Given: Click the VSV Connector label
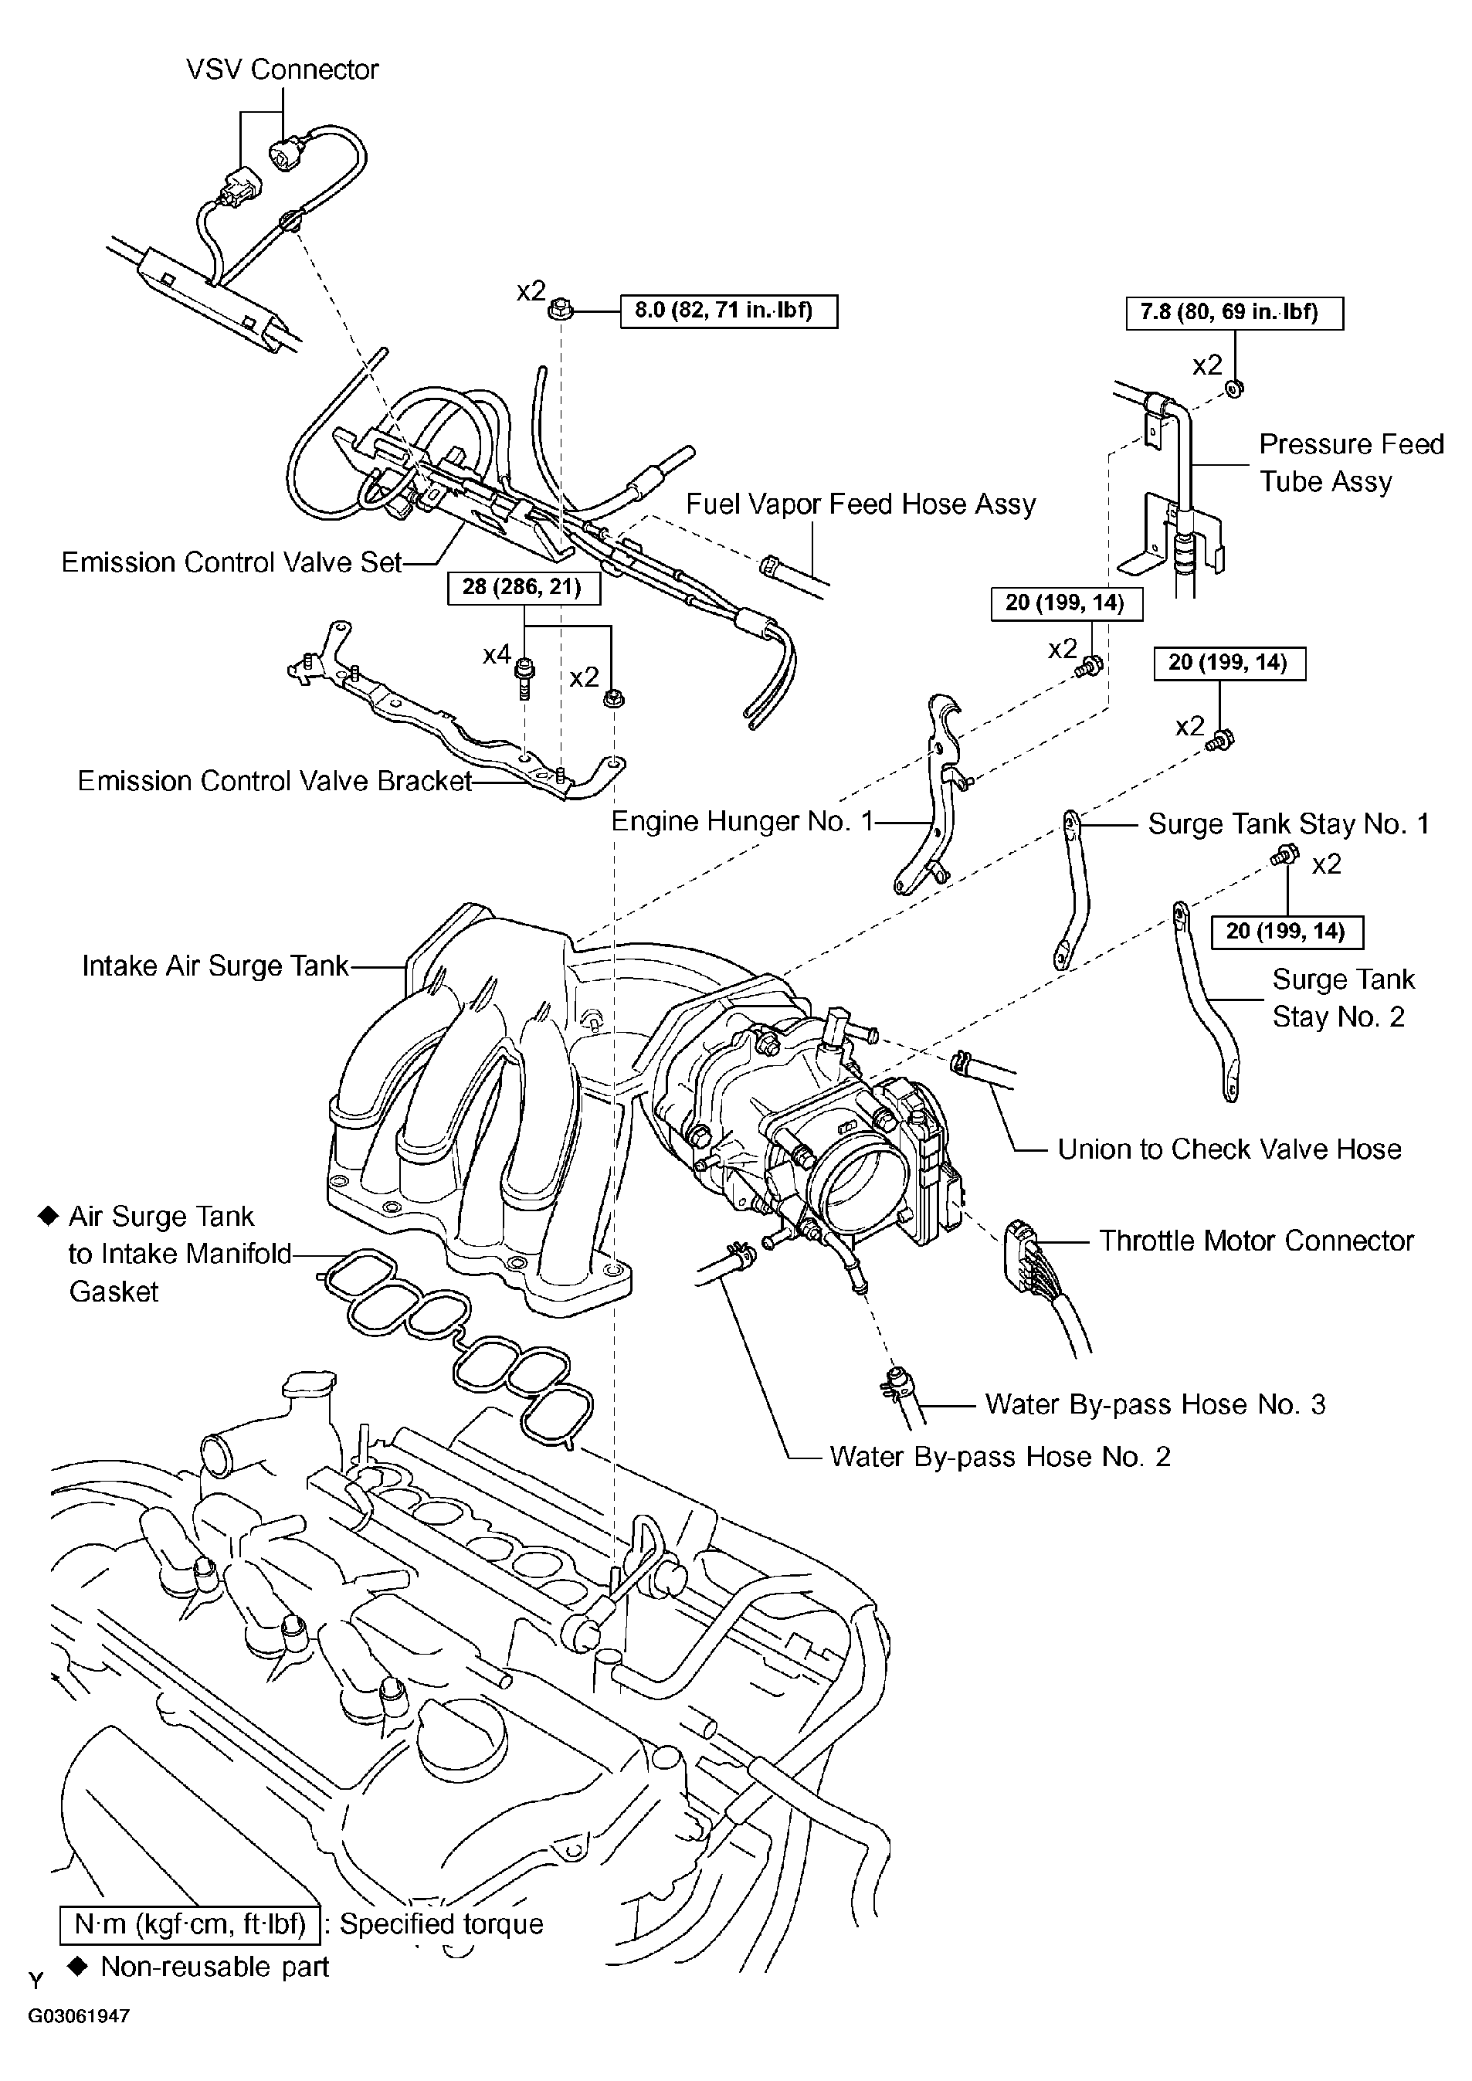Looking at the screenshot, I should pyautogui.click(x=282, y=70).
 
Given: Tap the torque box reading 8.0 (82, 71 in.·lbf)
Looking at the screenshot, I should pyautogui.click(x=728, y=311).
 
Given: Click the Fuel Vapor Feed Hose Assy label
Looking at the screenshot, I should pyautogui.click(x=860, y=504).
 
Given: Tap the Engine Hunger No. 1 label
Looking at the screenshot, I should pyautogui.click(x=741, y=821).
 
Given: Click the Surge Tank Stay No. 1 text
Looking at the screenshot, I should pyautogui.click(x=1288, y=824).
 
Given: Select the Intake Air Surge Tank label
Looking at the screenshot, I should pyautogui.click(x=215, y=966).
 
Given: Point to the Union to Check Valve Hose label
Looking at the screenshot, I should pyautogui.click(x=1229, y=1149).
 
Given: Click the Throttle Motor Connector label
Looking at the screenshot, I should pyautogui.click(x=1257, y=1241).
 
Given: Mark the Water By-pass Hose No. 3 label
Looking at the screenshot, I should pyautogui.click(x=1155, y=1404).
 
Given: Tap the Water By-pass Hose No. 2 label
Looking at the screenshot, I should pyautogui.click(x=1000, y=1457).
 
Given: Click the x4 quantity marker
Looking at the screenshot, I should pyautogui.click(x=497, y=654).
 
